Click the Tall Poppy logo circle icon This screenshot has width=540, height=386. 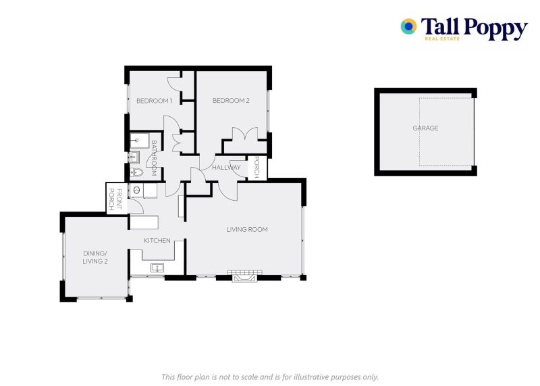408,26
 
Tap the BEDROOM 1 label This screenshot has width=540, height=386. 154,101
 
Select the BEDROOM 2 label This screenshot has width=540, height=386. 231,100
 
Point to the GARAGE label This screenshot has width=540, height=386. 425,128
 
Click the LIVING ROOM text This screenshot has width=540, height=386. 247,229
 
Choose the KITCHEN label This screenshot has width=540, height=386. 157,241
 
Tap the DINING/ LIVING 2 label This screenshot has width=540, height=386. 95,258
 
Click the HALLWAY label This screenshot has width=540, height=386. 226,168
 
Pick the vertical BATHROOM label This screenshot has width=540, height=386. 154,158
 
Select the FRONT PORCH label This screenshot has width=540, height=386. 115,199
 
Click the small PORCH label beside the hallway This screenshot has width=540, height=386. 256,167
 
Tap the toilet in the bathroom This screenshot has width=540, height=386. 136,172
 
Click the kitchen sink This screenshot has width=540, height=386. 157,268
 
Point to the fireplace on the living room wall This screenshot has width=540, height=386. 244,276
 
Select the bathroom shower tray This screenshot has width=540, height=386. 140,141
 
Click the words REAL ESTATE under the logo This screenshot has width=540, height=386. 442,39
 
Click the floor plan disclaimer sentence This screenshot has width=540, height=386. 270,377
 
